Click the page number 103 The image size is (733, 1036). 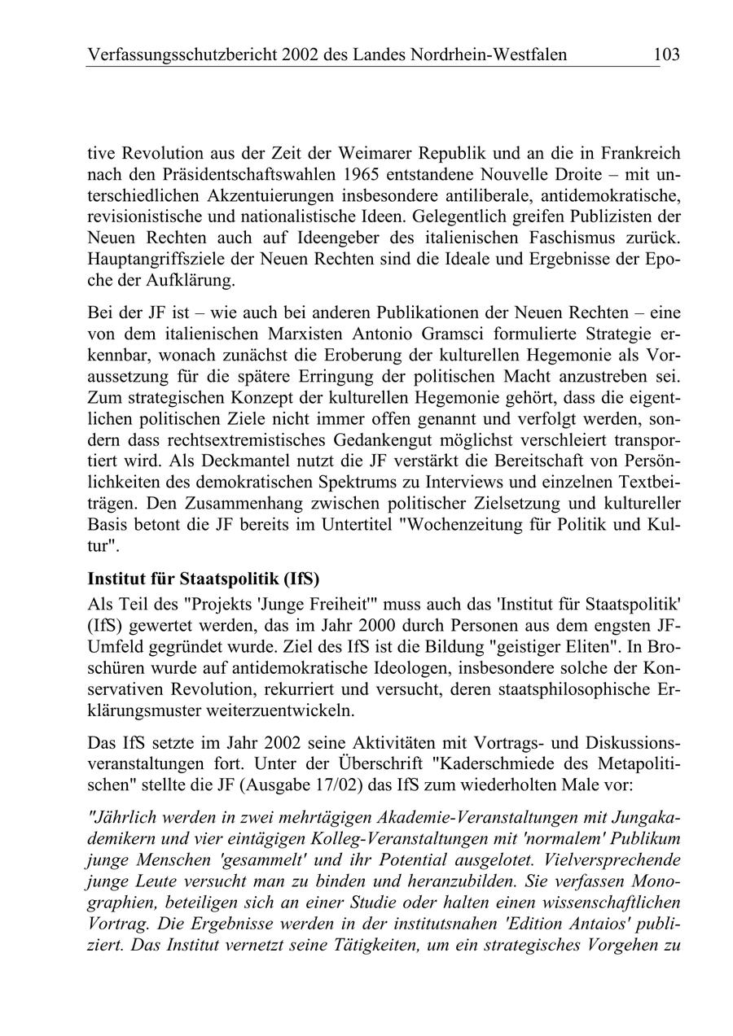(665, 55)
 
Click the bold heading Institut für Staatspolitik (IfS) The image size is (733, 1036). (203, 580)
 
